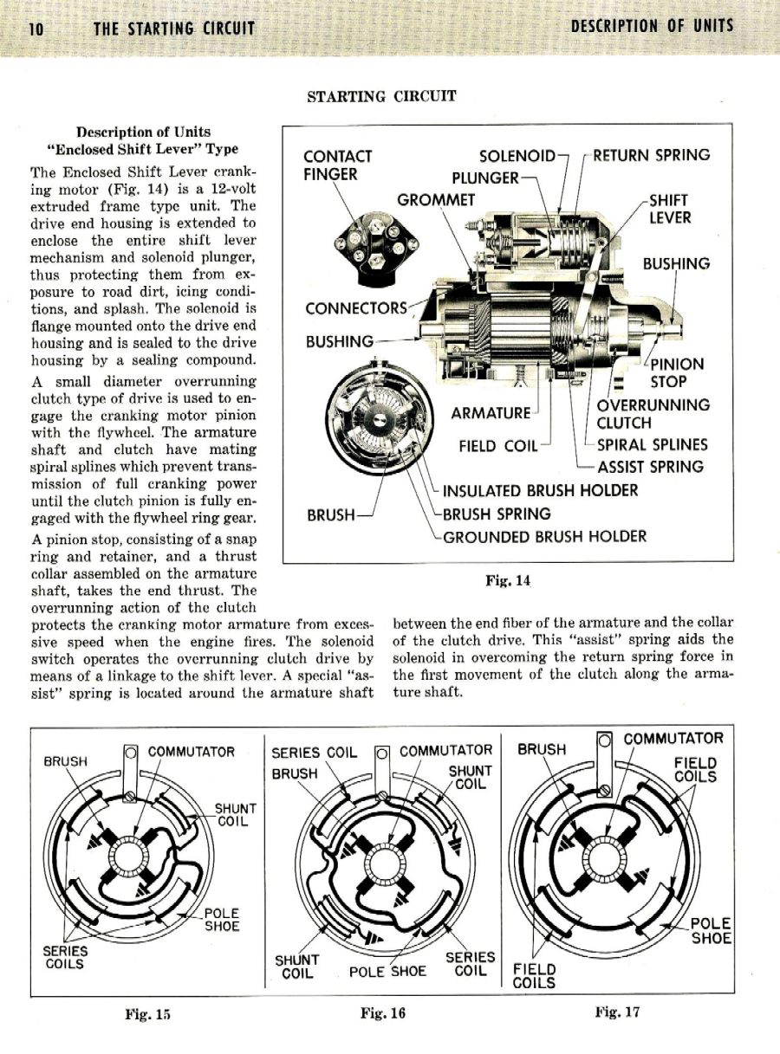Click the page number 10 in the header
(36, 28)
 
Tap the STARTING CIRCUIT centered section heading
(381, 96)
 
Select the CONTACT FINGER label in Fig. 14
(337, 165)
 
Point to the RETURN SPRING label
(651, 155)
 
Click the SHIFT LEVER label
(670, 209)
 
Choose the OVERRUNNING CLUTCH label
(653, 414)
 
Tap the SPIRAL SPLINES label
(652, 445)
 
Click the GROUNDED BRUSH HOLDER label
(544, 537)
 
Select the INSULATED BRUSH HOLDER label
(540, 491)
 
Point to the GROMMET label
(437, 200)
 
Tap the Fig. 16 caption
(383, 1012)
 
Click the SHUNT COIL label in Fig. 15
(232, 815)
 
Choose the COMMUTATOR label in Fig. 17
(673, 739)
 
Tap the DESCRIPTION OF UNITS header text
(652, 26)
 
